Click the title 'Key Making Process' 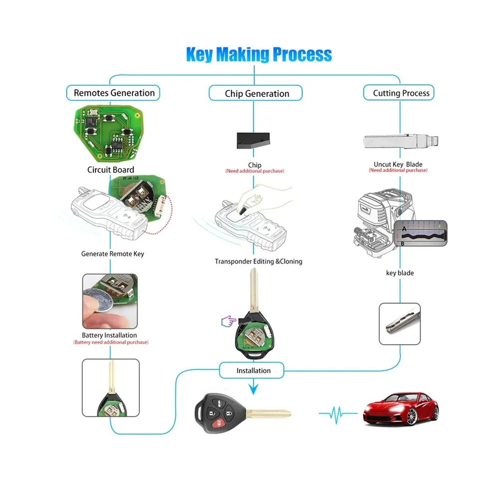[x=258, y=54]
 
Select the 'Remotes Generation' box [x=114, y=93]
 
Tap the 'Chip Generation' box [x=256, y=93]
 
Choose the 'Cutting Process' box [x=401, y=93]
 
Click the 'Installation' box [x=253, y=371]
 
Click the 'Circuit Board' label [x=110, y=170]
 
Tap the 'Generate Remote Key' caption [x=112, y=254]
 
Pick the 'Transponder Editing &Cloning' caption [x=258, y=261]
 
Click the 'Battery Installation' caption [x=109, y=335]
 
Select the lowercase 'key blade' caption [x=399, y=273]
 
